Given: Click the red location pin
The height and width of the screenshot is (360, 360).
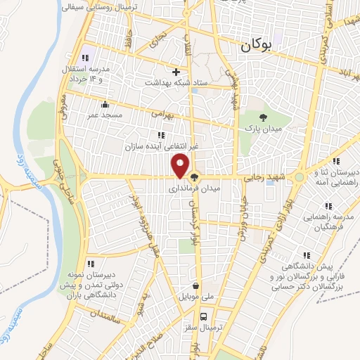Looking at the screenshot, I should pyautogui.click(x=181, y=165).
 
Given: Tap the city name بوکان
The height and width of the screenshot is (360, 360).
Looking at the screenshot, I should pyautogui.click(x=255, y=46).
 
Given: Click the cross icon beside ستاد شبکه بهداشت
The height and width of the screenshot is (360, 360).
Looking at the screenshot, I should pyautogui.click(x=176, y=72).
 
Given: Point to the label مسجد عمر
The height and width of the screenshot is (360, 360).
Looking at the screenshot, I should pyautogui.click(x=104, y=113).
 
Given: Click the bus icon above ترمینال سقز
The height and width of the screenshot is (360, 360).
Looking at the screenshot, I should pyautogui.click(x=203, y=316).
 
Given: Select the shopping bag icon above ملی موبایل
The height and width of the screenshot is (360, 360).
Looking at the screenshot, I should pyautogui.click(x=195, y=287).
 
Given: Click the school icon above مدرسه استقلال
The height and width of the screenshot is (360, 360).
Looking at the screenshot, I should pyautogui.click(x=85, y=58).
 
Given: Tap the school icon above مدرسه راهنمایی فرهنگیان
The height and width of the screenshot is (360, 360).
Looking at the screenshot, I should pyautogui.click(x=328, y=206).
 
